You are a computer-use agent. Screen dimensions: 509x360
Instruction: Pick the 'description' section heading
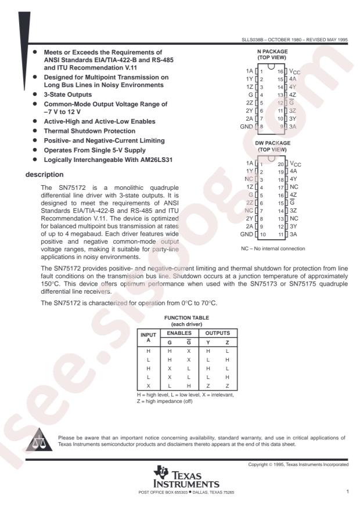click(44, 174)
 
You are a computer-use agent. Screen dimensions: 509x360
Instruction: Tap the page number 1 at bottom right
click(347, 492)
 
